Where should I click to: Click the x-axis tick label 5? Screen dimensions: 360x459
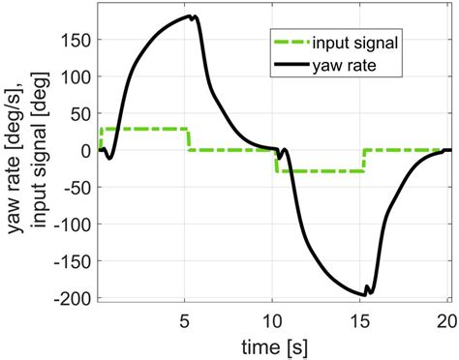[x=184, y=320]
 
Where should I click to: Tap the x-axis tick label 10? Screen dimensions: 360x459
[x=273, y=320]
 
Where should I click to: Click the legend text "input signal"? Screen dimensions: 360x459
[x=359, y=44]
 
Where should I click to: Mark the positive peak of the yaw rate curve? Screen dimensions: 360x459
[x=197, y=15]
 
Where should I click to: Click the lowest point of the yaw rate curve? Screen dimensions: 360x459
[x=365, y=294]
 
